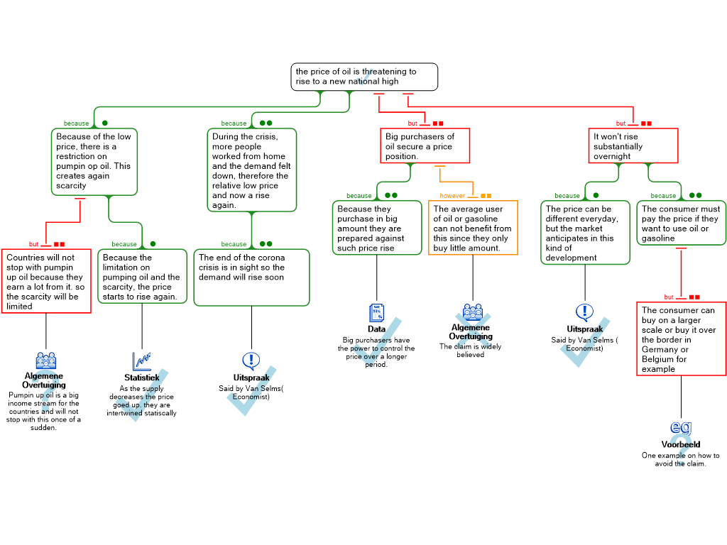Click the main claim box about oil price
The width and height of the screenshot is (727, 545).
click(x=364, y=77)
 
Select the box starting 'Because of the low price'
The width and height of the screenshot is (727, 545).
click(x=94, y=162)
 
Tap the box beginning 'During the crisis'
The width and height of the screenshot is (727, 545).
click(x=252, y=170)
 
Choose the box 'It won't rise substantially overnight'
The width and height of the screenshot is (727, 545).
click(x=633, y=146)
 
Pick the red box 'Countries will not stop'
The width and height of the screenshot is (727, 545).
click(x=46, y=281)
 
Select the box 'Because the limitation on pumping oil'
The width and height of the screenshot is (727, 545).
click(x=142, y=277)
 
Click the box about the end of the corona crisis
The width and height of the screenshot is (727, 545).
click(x=251, y=277)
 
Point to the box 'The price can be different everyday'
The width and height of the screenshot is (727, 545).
click(x=585, y=233)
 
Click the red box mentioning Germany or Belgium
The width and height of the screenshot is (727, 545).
click(x=681, y=339)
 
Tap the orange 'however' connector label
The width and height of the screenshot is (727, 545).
click(x=453, y=196)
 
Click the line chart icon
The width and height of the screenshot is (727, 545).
click(x=141, y=361)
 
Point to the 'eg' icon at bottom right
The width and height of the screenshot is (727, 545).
click(x=681, y=427)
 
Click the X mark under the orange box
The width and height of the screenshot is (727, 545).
click(x=473, y=334)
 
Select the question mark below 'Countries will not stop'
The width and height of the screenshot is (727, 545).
click(x=45, y=395)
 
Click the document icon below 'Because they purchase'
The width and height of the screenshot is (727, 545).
click(x=376, y=313)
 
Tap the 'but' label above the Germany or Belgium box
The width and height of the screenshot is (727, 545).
click(x=669, y=297)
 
